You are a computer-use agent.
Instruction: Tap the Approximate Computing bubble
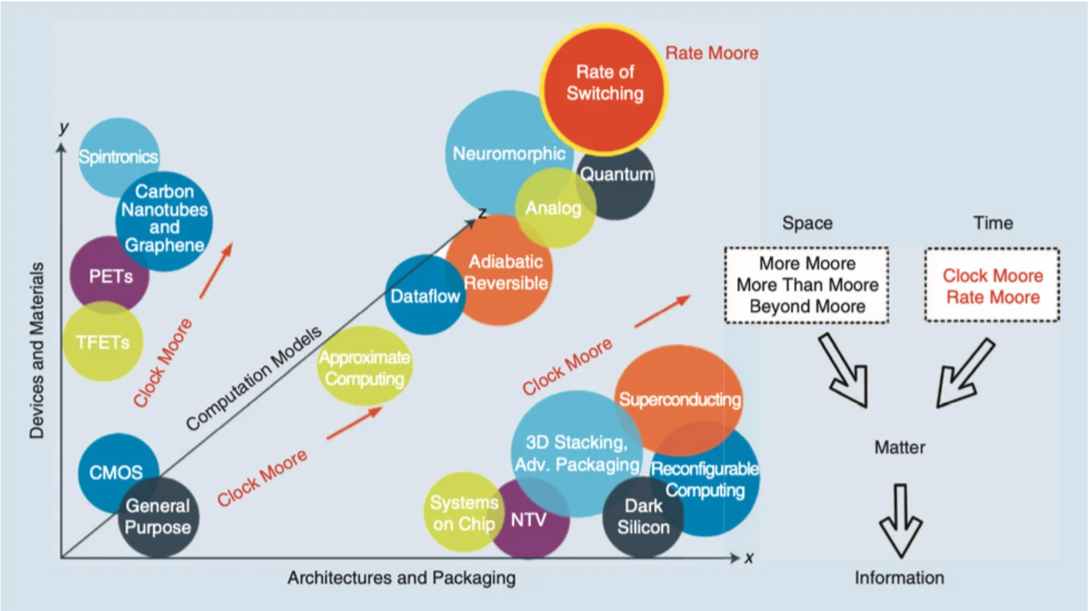365,367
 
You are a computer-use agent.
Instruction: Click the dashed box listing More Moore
807,285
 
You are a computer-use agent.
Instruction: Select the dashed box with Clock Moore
992,286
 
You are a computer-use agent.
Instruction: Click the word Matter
900,448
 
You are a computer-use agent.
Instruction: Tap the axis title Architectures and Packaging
401,578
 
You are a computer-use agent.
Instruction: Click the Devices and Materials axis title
37,350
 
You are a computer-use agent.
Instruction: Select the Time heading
993,223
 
